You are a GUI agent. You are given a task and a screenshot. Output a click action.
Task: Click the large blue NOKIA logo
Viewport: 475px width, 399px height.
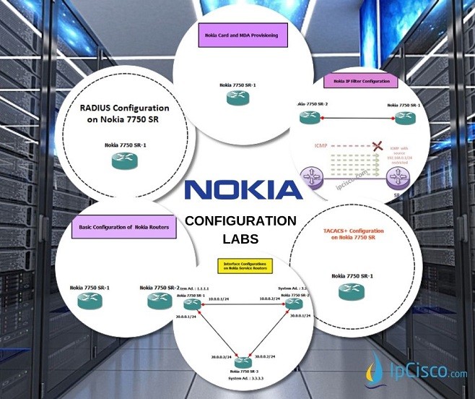point(243,189)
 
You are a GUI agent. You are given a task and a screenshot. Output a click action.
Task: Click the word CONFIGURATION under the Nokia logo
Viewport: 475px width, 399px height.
point(240,221)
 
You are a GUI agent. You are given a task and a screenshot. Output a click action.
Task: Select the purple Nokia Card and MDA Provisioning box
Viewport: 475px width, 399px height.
point(243,35)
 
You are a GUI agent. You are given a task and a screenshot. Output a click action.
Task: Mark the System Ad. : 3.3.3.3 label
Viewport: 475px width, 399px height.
point(246,378)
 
